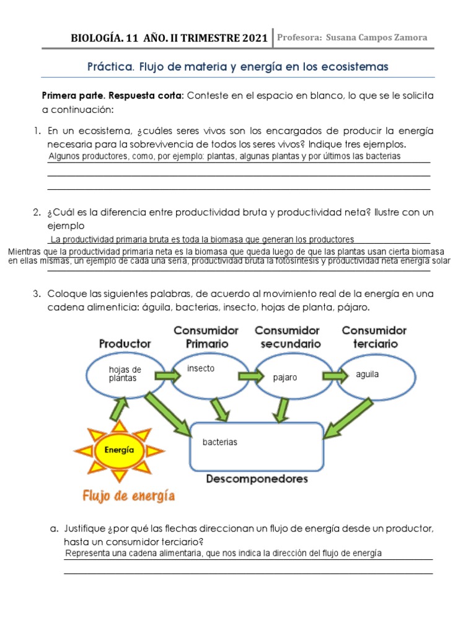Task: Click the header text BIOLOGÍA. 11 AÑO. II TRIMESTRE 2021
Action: pos(170,38)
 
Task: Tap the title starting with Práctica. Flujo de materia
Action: pos(238,66)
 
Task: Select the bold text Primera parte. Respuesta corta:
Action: pos(112,95)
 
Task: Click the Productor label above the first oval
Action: pos(125,343)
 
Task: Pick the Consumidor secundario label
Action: pos(287,337)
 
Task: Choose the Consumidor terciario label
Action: pos(374,337)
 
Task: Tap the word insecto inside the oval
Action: pos(201,368)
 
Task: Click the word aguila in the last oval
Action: pos(368,375)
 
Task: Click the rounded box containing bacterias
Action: pos(256,446)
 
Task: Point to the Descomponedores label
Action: pos(257,479)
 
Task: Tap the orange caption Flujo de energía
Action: pos(128,495)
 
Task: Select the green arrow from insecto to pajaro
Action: pos(251,376)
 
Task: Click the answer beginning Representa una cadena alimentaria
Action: pos(224,553)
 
